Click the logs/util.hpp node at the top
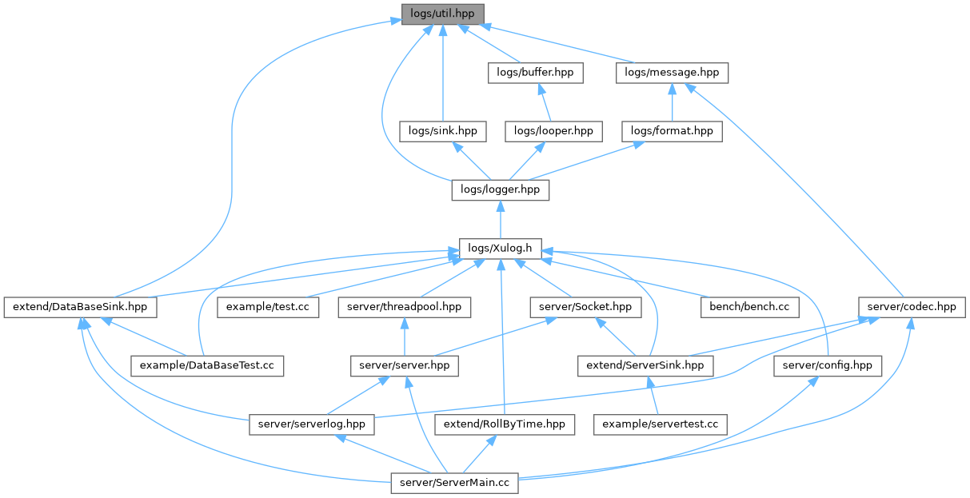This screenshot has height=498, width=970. point(442,14)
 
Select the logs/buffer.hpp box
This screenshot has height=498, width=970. point(535,72)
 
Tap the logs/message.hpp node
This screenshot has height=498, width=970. point(672,72)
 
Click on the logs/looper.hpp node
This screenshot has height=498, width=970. point(553,130)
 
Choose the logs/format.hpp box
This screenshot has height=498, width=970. point(672,130)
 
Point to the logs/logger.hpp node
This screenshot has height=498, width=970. point(501,189)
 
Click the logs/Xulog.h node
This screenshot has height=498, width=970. point(501,248)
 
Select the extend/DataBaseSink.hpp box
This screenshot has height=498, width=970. point(80,306)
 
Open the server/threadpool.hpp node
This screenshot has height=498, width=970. point(404,306)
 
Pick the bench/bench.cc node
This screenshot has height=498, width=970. point(749,306)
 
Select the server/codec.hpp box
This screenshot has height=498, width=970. point(912,306)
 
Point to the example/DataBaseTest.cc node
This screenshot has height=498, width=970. point(207,365)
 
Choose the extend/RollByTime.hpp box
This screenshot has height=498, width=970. point(505,424)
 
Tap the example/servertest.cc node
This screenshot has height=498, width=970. point(660,424)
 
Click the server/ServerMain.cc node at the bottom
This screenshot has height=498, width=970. point(455,483)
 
